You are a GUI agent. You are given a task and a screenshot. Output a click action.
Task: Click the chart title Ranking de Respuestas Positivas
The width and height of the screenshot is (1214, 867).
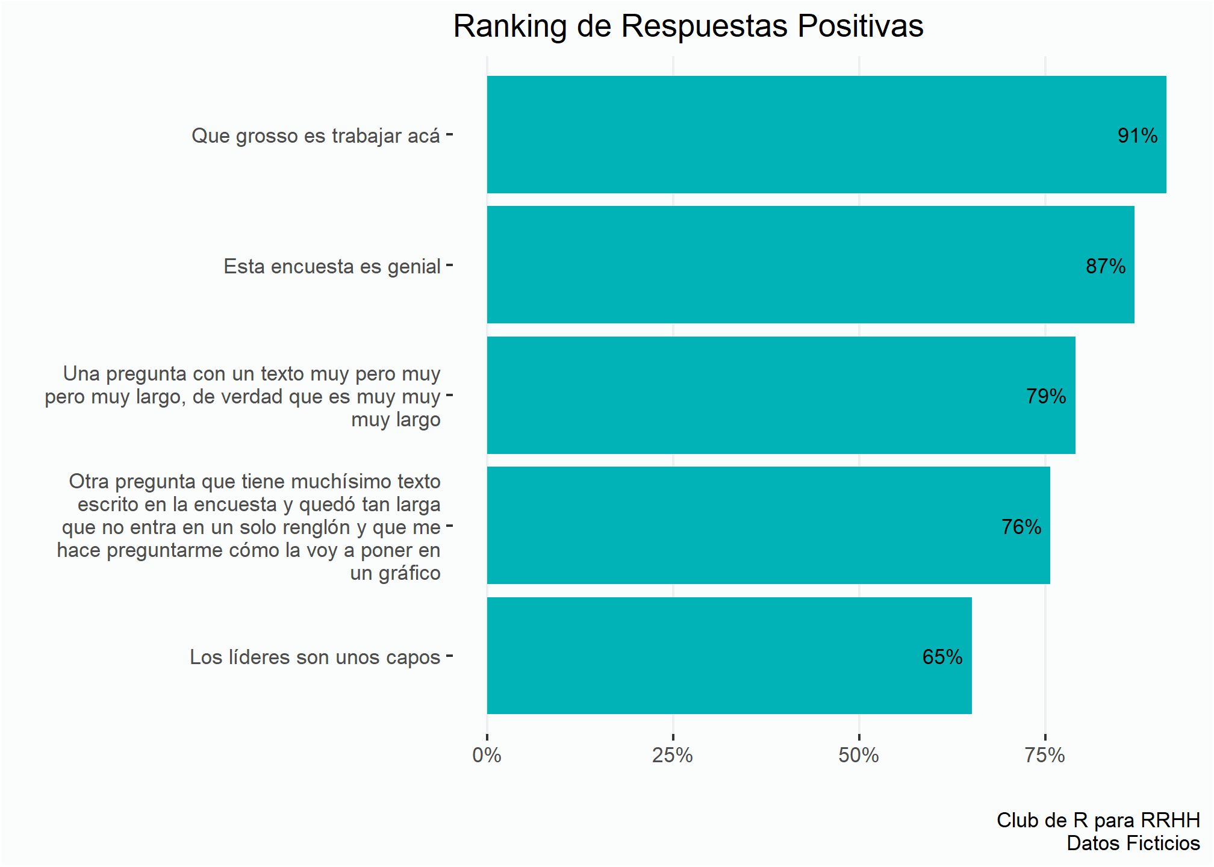[x=688, y=26]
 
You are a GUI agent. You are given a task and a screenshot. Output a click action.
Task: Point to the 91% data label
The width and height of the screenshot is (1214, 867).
[x=1137, y=135]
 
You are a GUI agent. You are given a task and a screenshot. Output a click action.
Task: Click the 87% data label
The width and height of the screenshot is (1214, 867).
[x=1105, y=266]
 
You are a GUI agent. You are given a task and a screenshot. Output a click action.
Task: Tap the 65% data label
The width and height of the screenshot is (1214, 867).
[x=942, y=657]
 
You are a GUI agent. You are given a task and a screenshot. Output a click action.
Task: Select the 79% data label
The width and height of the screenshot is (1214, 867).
[x=1045, y=396]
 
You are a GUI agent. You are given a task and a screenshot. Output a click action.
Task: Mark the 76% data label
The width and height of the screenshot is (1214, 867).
[x=1021, y=527]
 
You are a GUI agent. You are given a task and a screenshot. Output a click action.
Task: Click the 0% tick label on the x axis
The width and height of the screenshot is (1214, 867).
[x=487, y=755]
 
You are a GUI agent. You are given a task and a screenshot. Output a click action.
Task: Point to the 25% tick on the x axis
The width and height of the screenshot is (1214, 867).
[x=673, y=755]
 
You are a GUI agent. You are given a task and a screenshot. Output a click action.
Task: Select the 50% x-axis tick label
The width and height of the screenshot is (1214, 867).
[x=859, y=755]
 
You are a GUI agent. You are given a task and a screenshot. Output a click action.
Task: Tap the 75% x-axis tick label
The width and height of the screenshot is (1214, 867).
[x=1045, y=755]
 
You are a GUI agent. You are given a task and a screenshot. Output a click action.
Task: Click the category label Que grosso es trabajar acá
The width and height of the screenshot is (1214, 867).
[x=316, y=136]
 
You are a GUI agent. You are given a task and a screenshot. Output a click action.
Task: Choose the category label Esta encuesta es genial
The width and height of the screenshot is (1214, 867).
[x=332, y=266]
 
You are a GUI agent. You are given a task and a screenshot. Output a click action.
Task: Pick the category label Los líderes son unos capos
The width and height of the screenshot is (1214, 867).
[x=315, y=657]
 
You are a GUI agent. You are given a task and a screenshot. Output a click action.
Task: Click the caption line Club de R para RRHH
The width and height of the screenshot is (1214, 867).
[x=1098, y=820]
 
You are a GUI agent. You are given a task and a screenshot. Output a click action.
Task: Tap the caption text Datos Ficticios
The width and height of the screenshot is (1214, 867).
[x=1133, y=843]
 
